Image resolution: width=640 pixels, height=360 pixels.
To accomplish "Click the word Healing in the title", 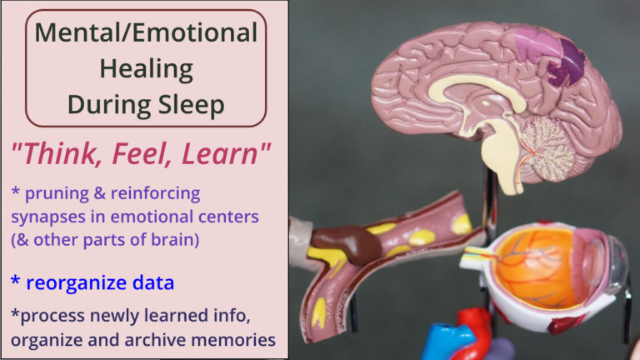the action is tap(146, 69).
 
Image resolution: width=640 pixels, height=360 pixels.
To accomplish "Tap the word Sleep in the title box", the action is tap(191, 104).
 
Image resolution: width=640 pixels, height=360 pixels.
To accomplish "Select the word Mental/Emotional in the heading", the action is tap(146, 32).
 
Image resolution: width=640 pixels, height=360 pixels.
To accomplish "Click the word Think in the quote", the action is tap(58, 154).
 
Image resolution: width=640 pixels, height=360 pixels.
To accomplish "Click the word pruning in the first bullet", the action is tap(57, 194).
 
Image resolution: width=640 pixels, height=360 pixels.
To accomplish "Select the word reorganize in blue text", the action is tap(77, 282).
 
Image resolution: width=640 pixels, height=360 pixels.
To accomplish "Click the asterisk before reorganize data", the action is tap(15, 280).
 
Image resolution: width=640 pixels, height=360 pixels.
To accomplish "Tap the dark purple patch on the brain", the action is tap(567, 63).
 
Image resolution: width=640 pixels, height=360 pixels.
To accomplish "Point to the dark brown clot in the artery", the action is tap(346, 243).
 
